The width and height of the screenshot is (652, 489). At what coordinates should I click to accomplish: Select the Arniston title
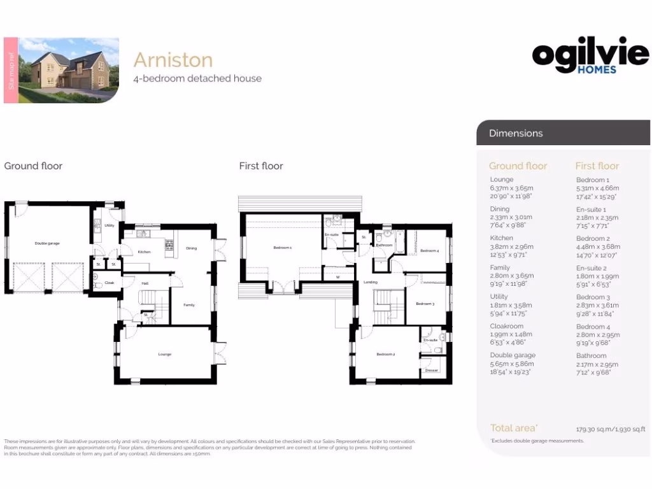pos(173,60)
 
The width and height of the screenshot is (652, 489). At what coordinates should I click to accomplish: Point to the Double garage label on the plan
pos(47,243)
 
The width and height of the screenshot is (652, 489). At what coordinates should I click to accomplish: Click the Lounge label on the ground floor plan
pos(165,354)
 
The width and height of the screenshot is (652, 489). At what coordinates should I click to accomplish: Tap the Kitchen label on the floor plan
pos(145,252)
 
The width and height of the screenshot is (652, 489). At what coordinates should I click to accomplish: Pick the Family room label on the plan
pos(189,305)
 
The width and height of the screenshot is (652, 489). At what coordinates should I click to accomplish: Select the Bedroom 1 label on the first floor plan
pos(282,248)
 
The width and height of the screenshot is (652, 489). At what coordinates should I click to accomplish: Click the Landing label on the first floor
pos(371,281)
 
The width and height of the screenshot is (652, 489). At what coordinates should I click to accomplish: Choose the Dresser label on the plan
pos(432,370)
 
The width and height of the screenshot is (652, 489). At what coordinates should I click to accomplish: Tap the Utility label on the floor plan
pos(110,226)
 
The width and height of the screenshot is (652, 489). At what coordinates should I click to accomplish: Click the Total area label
pos(513,428)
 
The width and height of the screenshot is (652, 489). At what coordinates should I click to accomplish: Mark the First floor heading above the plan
pos(261,166)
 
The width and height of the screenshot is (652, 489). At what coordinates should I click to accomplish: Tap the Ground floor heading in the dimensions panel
pos(518,166)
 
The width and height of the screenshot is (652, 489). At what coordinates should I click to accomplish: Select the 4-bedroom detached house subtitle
pos(197,79)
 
